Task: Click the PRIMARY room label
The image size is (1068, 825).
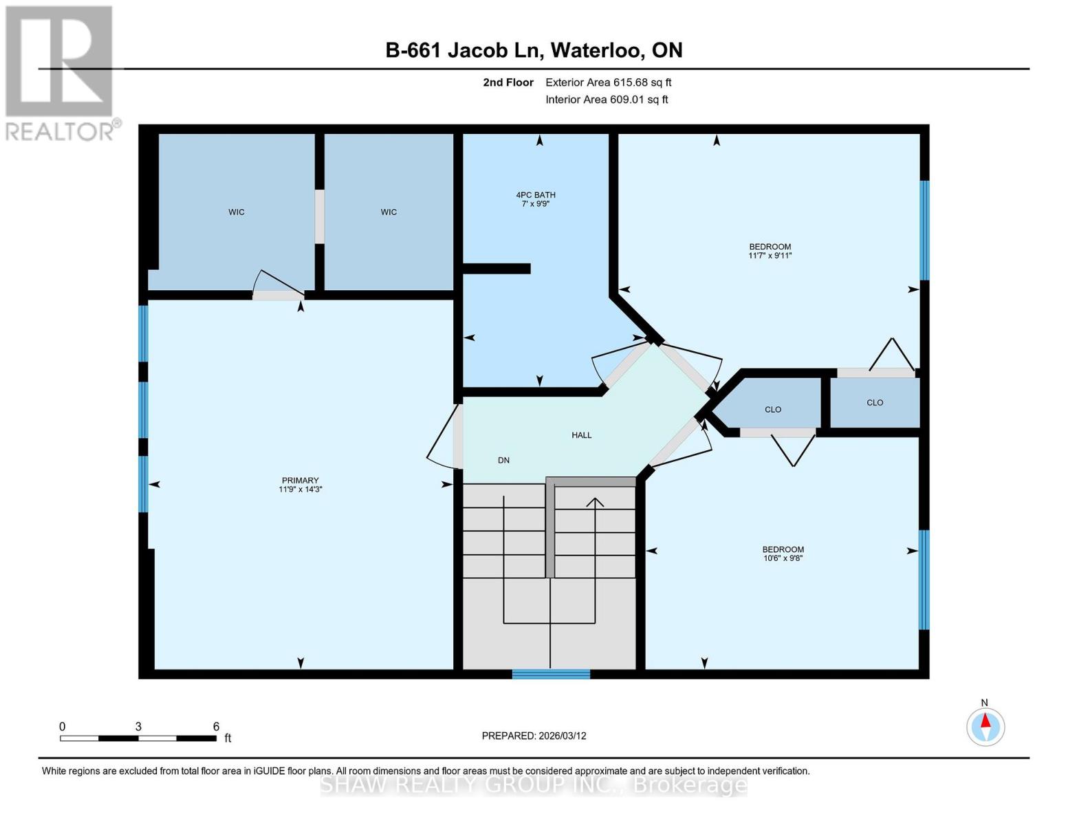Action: [300, 481]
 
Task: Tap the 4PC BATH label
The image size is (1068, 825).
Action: [536, 195]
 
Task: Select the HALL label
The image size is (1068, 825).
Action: [581, 435]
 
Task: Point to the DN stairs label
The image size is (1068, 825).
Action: [503, 461]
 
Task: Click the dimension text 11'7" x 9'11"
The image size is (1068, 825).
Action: [770, 256]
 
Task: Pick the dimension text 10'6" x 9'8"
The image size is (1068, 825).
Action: [783, 558]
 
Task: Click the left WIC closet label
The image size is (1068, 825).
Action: [236, 212]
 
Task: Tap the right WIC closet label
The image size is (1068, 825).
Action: [389, 212]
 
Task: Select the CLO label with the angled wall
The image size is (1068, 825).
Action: [772, 410]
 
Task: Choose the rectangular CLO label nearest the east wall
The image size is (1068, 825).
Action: [874, 403]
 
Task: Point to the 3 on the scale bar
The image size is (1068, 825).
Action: [138, 727]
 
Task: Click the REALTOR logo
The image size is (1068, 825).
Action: [61, 73]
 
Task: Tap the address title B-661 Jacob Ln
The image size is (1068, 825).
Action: [534, 50]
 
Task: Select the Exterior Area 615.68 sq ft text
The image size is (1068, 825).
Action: [608, 82]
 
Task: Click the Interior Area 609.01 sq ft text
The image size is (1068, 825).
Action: [607, 100]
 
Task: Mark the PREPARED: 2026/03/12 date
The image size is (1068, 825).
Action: [534, 736]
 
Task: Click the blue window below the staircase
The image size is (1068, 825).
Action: [551, 674]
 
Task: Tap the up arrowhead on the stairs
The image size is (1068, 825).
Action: [595, 503]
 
